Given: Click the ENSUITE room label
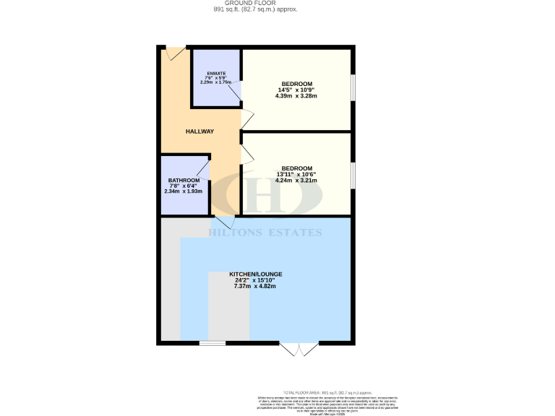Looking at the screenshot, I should pos(216,73).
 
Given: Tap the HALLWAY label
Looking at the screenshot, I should pos(200,131).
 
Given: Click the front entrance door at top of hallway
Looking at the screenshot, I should pos(175,53).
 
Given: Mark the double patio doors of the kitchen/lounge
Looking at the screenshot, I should pos(299,349).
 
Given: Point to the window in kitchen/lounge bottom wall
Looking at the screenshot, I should pos(212,343).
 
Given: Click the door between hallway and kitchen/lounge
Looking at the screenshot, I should pos(223,222).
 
